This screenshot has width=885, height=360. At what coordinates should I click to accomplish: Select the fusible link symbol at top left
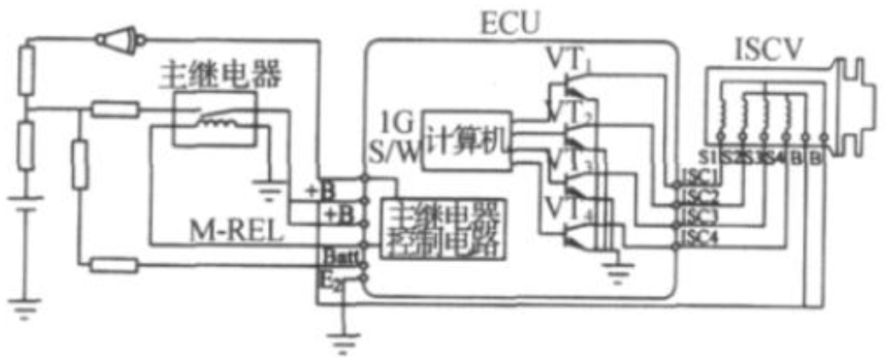117,39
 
